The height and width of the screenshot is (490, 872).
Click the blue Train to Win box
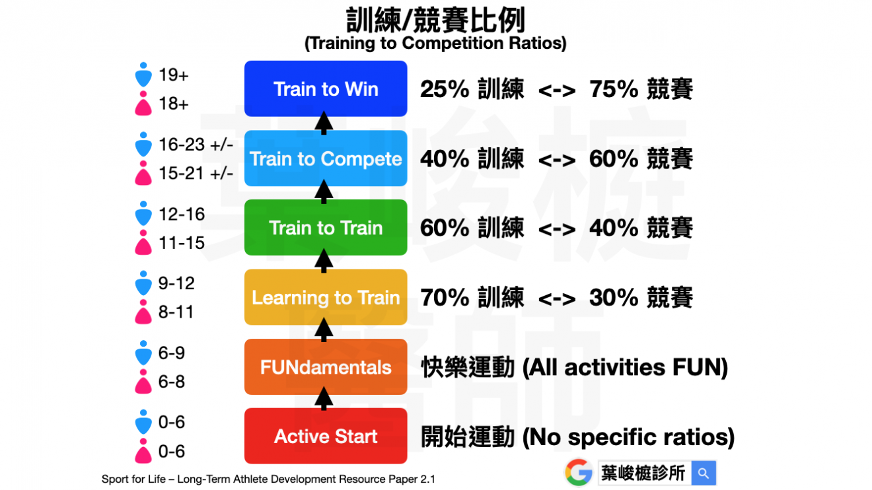coord(326,88)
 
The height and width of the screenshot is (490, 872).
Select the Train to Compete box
coord(326,158)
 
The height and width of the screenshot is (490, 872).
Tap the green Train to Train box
coord(326,228)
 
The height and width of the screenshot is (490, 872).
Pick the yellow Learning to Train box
coord(326,297)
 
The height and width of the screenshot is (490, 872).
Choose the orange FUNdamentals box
coord(326,367)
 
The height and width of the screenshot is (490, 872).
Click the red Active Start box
coord(326,436)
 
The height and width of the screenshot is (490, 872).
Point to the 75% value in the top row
coord(614,89)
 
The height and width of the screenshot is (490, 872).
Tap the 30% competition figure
coord(614,298)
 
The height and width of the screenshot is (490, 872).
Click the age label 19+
coord(174,75)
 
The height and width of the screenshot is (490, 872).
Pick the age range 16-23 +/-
coord(196,145)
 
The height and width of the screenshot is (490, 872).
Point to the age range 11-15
coord(182,243)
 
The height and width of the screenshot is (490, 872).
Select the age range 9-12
coord(176,283)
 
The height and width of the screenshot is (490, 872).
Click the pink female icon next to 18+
coord(143,104)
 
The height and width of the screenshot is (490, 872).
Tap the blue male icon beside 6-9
coord(143,353)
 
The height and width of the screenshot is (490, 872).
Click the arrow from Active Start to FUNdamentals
coord(324,399)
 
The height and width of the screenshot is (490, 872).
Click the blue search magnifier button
coord(704,473)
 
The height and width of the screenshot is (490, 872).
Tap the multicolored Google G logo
coord(579,472)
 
